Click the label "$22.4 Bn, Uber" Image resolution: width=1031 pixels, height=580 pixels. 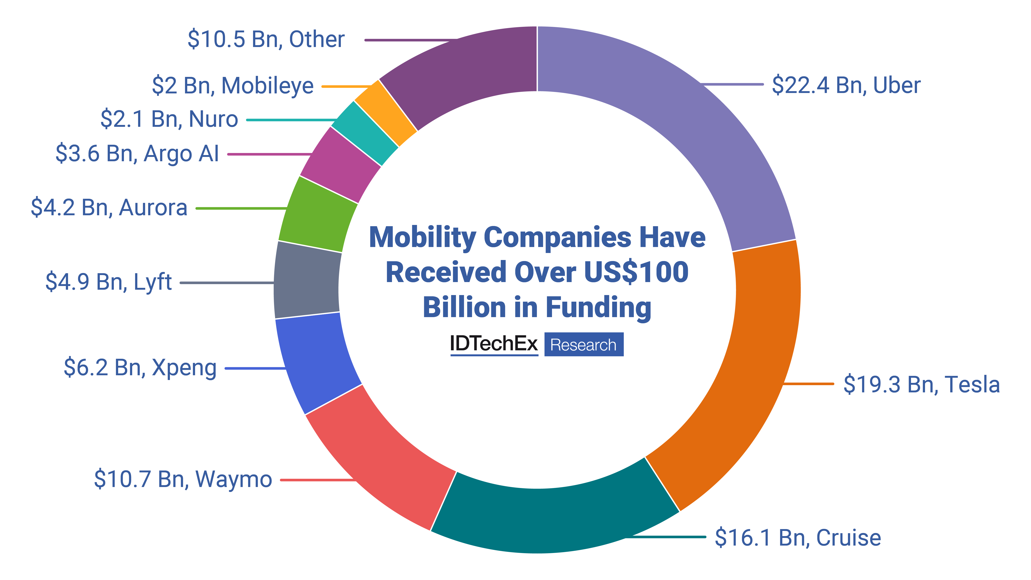tap(846, 85)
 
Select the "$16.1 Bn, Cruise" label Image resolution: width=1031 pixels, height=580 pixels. tap(798, 538)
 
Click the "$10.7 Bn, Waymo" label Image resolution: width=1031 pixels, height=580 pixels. tap(183, 479)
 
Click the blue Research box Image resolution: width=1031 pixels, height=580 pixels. tap(584, 345)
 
